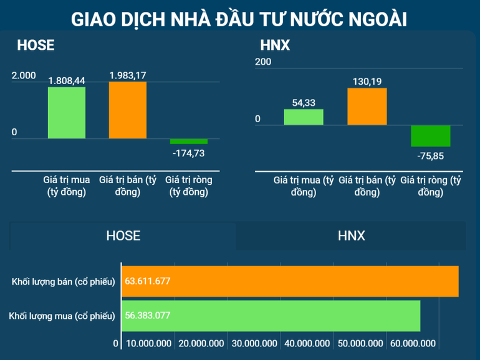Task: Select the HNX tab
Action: pos(351,235)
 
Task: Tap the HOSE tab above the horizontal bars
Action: pos(123,235)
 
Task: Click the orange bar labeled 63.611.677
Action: pos(290,282)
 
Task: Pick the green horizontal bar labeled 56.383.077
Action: pos(271,315)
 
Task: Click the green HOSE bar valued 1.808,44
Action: pos(67,113)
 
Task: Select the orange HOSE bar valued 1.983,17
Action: pos(128,110)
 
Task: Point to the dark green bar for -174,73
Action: pos(189,141)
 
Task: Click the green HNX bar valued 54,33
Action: pos(304,117)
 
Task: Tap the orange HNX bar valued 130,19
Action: pos(367,107)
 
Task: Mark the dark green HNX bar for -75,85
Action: pos(431,136)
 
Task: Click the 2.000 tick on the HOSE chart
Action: pos(24,75)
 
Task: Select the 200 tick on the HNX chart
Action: pos(263,62)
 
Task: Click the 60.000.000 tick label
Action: pos(412,343)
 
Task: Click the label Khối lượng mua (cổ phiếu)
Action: pos(62,316)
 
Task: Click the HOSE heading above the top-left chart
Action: pos(36,45)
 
